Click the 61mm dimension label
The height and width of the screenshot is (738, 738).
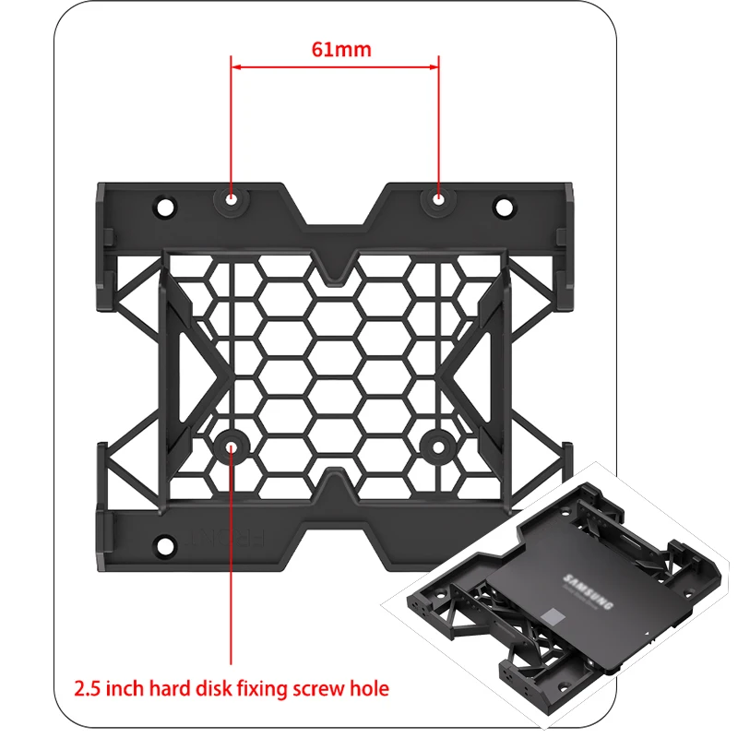[335, 50]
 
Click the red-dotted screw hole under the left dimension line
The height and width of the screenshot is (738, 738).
[231, 197]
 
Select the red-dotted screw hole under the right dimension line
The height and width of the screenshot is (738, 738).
[438, 197]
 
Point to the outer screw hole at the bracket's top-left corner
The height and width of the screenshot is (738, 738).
[167, 204]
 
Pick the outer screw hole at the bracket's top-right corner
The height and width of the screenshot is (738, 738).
[503, 204]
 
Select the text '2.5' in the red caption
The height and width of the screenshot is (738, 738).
[89, 688]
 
